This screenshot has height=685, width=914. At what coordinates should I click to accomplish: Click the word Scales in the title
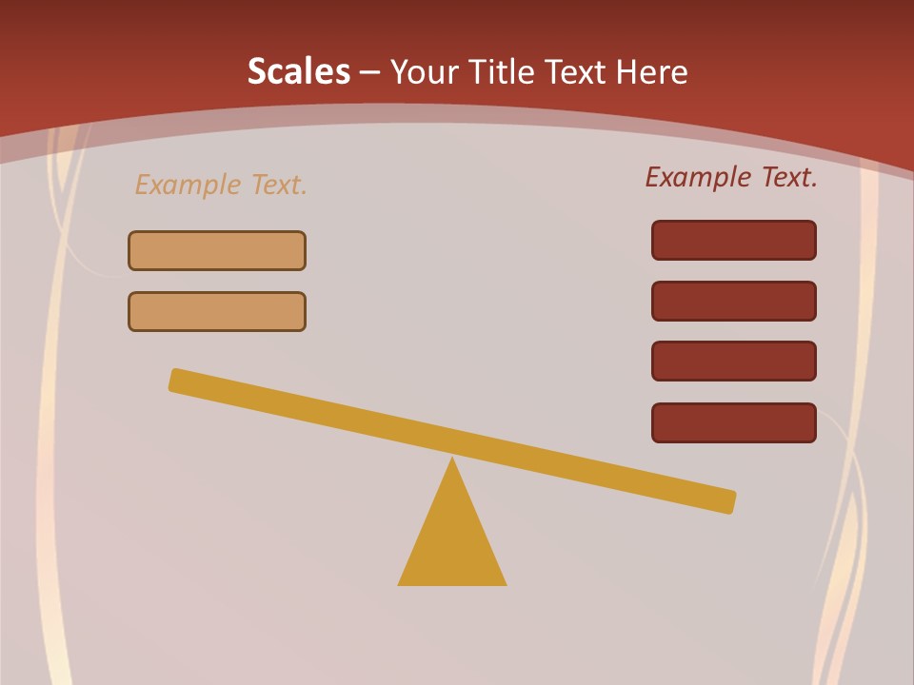[298, 71]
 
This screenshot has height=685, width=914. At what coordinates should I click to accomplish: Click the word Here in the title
[651, 71]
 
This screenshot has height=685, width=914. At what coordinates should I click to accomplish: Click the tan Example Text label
[221, 185]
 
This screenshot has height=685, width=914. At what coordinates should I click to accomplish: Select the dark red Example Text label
[731, 177]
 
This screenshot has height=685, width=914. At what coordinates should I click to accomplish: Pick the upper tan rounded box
[217, 250]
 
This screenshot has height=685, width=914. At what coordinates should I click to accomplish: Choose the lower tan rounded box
[217, 311]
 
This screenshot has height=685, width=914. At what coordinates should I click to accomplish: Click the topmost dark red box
[734, 240]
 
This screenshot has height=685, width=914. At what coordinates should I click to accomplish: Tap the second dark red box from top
[734, 301]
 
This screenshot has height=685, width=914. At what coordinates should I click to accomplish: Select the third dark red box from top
[734, 362]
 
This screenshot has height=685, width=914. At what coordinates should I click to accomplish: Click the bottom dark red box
[734, 422]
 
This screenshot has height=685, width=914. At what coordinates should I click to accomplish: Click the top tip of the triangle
[452, 460]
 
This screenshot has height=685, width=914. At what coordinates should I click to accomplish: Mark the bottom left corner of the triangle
[400, 583]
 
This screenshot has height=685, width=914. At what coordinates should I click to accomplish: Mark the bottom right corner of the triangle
[505, 583]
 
